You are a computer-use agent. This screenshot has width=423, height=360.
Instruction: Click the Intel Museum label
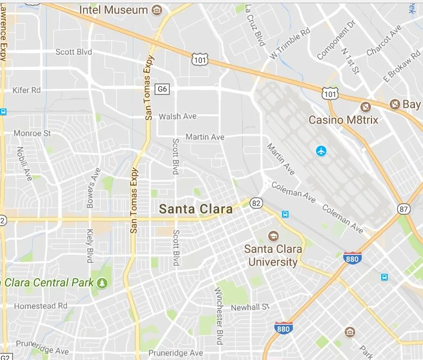pos(113,10)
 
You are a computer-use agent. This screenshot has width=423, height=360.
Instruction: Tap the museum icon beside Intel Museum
pos(157,10)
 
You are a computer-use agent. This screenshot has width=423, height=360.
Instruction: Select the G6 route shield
pos(162,89)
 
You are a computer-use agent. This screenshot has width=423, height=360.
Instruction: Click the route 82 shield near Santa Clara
pos(257,203)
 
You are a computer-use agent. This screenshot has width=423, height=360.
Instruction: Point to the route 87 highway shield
pos(403,209)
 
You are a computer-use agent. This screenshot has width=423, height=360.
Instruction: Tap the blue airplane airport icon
pos(322,150)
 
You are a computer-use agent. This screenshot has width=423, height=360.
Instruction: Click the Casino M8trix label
pos(343,120)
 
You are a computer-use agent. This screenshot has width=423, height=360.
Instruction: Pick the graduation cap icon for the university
pos(273,236)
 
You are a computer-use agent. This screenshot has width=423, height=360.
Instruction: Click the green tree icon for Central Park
pos(102,283)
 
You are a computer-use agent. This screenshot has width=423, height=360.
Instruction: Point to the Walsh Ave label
pos(177,117)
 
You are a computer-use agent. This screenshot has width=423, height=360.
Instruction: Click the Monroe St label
pos(32,133)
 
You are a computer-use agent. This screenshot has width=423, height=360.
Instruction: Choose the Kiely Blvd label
pos(90,246)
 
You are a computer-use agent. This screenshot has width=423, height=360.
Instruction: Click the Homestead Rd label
pos(41,306)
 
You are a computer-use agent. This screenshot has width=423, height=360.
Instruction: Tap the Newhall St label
pos(250,307)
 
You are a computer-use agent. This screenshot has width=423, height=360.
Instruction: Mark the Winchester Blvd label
pos(219,317)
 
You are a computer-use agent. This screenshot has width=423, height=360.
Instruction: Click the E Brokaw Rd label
pos(402,65)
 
